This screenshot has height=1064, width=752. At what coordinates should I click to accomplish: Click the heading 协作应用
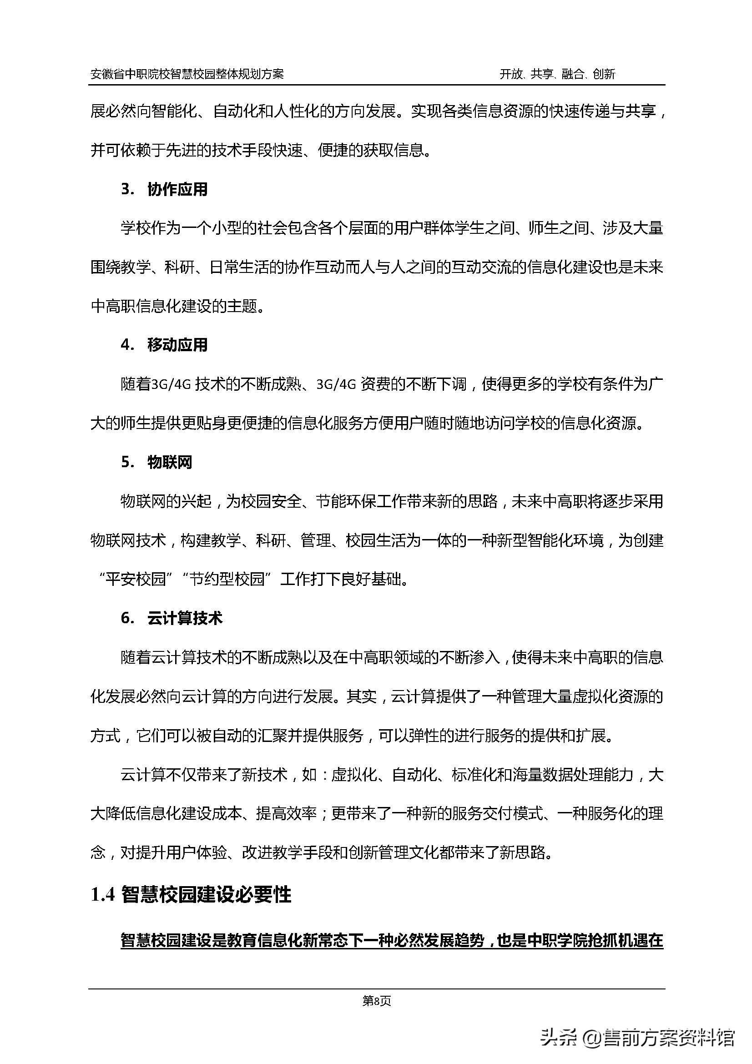point(177,190)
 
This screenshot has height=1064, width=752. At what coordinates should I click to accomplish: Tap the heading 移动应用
point(177,345)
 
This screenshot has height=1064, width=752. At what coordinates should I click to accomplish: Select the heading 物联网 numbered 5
point(170,462)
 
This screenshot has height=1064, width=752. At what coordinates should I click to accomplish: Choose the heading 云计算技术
point(185,618)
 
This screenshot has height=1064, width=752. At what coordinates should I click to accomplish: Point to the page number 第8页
point(376,1001)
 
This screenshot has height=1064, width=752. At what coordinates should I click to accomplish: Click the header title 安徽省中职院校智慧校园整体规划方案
point(187,74)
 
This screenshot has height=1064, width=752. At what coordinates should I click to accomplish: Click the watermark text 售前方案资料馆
point(669,1036)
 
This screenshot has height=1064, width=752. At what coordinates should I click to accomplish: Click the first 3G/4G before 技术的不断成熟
point(171,385)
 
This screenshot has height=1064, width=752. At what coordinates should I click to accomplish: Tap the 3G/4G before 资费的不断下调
point(336,385)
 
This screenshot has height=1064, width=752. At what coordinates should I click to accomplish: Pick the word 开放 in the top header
point(511,74)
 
